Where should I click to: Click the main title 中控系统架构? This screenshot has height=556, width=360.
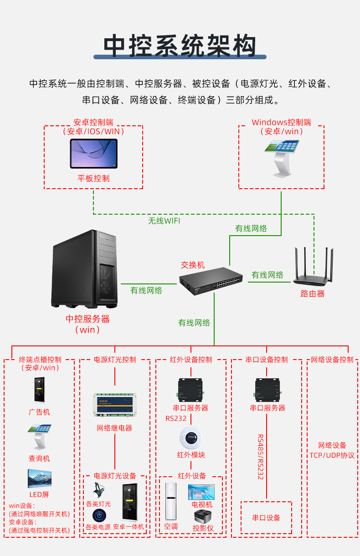(x=180, y=46)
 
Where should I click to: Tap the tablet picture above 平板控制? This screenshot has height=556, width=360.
(x=93, y=154)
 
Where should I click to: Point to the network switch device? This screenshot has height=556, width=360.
(x=211, y=283)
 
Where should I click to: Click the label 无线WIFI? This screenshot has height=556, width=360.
(x=164, y=221)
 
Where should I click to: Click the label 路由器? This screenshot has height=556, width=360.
(x=313, y=294)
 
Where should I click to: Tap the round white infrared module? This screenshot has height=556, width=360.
(x=190, y=438)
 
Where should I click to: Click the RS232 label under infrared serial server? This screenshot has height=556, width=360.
(x=176, y=418)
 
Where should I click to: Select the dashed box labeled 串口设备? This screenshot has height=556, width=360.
(x=266, y=518)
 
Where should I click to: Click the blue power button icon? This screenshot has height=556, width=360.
(x=98, y=515)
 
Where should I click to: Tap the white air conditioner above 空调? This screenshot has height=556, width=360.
(x=171, y=502)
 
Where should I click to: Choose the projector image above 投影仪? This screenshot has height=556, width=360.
(x=203, y=517)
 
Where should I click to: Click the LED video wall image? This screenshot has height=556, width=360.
(x=40, y=479)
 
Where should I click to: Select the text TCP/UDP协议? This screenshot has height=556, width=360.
(x=332, y=455)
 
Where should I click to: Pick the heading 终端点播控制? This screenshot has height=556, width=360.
(x=40, y=360)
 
